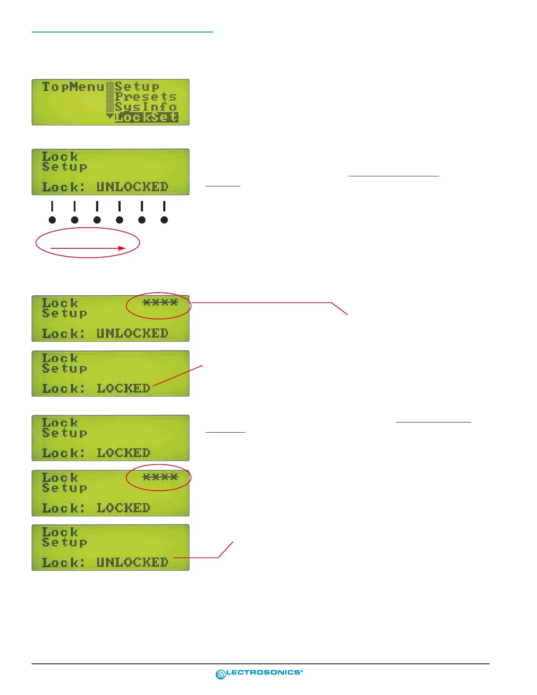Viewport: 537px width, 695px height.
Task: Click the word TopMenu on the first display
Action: pos(73,87)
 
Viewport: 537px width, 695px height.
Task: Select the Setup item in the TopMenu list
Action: pos(137,86)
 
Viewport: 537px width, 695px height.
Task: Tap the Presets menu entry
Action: pos(146,97)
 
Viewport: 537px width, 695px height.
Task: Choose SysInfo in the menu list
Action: pos(146,107)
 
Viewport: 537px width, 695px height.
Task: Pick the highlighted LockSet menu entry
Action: pos(147,117)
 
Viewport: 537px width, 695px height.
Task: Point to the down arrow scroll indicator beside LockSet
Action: pos(110,117)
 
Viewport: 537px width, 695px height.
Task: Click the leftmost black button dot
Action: pos(52,220)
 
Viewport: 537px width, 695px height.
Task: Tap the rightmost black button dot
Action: pos(164,220)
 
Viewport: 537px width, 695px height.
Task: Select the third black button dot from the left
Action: pos(97,220)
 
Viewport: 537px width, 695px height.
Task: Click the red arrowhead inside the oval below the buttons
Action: pos(122,248)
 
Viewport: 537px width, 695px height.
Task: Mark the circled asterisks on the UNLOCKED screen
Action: pos(160,302)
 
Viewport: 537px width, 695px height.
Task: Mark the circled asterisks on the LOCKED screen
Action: pos(160,477)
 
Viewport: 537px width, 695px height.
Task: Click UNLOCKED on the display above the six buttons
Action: pos(132,187)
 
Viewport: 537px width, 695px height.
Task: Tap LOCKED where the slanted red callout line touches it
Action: pos(123,388)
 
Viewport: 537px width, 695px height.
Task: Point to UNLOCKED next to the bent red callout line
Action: pos(132,562)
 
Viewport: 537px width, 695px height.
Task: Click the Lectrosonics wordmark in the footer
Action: pos(264,672)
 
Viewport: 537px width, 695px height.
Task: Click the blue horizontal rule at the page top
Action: pos(122,32)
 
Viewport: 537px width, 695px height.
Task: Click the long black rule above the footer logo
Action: pos(260,664)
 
